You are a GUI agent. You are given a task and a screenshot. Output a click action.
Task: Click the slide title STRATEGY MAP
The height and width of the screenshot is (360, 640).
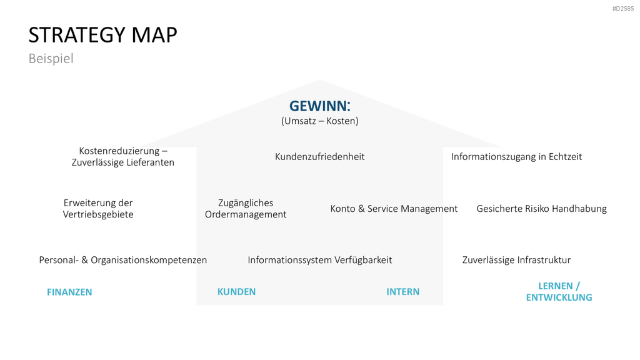pyautogui.click(x=103, y=35)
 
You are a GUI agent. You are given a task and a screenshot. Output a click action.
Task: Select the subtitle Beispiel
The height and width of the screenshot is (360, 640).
pyautogui.click(x=51, y=58)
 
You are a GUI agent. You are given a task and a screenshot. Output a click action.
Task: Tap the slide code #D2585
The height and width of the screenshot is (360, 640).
pyautogui.click(x=623, y=9)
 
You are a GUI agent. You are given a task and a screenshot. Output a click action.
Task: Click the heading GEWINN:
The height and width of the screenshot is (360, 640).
pyautogui.click(x=320, y=106)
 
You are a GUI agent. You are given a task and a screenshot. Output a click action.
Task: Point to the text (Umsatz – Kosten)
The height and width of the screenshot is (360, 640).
pyautogui.click(x=320, y=121)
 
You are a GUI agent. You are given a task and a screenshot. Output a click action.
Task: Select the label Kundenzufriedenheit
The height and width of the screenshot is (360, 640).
pyautogui.click(x=319, y=157)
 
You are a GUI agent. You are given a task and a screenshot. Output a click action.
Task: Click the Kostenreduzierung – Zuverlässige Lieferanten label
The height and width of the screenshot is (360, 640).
pyautogui.click(x=123, y=157)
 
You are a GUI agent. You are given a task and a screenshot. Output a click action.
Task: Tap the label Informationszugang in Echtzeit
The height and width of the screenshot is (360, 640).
pyautogui.click(x=516, y=157)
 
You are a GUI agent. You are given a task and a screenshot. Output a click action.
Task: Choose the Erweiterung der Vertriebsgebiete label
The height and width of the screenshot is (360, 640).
pyautogui.click(x=98, y=209)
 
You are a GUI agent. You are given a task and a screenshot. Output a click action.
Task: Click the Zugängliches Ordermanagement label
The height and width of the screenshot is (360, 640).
pyautogui.click(x=246, y=209)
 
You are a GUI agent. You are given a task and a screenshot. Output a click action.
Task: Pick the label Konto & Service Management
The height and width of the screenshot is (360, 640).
pyautogui.click(x=394, y=209)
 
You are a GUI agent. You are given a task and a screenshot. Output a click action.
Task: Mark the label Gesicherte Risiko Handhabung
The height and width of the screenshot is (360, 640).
pyautogui.click(x=542, y=209)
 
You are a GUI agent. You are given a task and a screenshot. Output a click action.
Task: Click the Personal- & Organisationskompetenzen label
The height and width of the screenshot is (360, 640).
pyautogui.click(x=123, y=260)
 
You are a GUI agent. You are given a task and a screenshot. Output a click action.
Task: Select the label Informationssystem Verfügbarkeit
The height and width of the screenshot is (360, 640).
pyautogui.click(x=319, y=260)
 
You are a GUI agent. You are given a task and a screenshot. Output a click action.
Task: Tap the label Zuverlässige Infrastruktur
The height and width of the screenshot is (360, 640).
pyautogui.click(x=516, y=260)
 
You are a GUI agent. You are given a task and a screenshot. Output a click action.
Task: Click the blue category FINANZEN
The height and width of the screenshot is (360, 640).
pyautogui.click(x=69, y=292)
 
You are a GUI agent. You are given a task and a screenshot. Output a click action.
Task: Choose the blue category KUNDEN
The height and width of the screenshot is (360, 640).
pyautogui.click(x=236, y=292)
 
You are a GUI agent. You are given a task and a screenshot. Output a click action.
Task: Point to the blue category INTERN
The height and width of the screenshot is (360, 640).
pyautogui.click(x=403, y=292)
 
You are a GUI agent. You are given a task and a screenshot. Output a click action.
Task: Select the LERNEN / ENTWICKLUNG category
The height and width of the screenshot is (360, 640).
pyautogui.click(x=559, y=292)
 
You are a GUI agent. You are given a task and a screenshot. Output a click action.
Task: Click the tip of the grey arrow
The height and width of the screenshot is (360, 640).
pyautogui.click(x=320, y=80)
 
